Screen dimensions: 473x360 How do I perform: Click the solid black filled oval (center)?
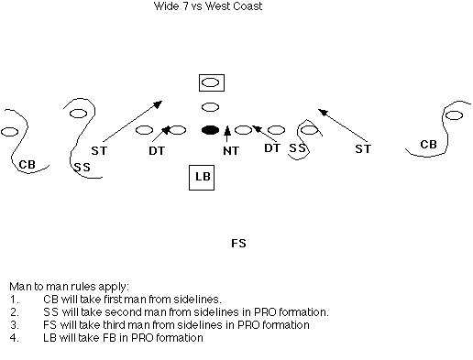point(211,130)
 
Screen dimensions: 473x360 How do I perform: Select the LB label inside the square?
point(203,177)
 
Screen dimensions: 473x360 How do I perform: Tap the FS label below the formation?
point(238,244)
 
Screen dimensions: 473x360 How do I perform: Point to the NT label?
point(231,150)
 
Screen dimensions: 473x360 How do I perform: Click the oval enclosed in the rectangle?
point(211,82)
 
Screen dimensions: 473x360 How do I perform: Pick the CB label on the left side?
point(27,165)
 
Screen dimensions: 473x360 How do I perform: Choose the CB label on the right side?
point(428,144)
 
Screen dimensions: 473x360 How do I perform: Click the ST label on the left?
point(99,150)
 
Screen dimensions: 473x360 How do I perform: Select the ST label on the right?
point(363,148)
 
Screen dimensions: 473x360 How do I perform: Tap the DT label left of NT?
point(157,150)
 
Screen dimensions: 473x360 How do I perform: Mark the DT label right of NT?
point(272,148)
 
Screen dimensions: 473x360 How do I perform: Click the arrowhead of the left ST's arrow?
point(159,104)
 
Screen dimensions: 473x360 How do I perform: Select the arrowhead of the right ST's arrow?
point(323,112)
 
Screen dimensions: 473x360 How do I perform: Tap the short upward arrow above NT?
point(226,134)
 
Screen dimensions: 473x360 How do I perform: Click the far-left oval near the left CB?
point(9,132)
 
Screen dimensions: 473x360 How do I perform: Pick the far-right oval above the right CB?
point(454,115)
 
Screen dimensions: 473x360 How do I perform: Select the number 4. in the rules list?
point(15,338)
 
